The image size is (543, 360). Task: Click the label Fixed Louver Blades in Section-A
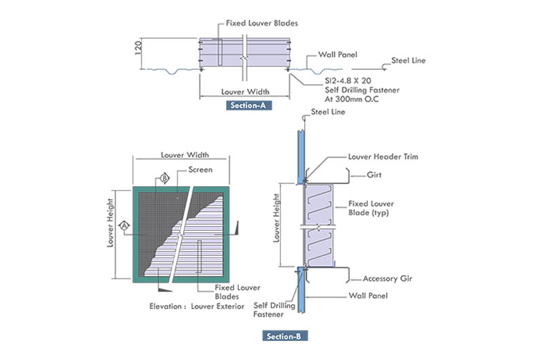(x=262, y=23)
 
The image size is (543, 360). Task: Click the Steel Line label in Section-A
(x=409, y=60)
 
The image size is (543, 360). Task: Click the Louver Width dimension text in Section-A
(x=245, y=91)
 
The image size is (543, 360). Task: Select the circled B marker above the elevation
(x=164, y=179)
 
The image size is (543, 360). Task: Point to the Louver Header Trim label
(x=382, y=156)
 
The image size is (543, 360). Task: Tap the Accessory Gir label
(x=387, y=278)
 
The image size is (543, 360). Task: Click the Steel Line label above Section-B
(x=328, y=110)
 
